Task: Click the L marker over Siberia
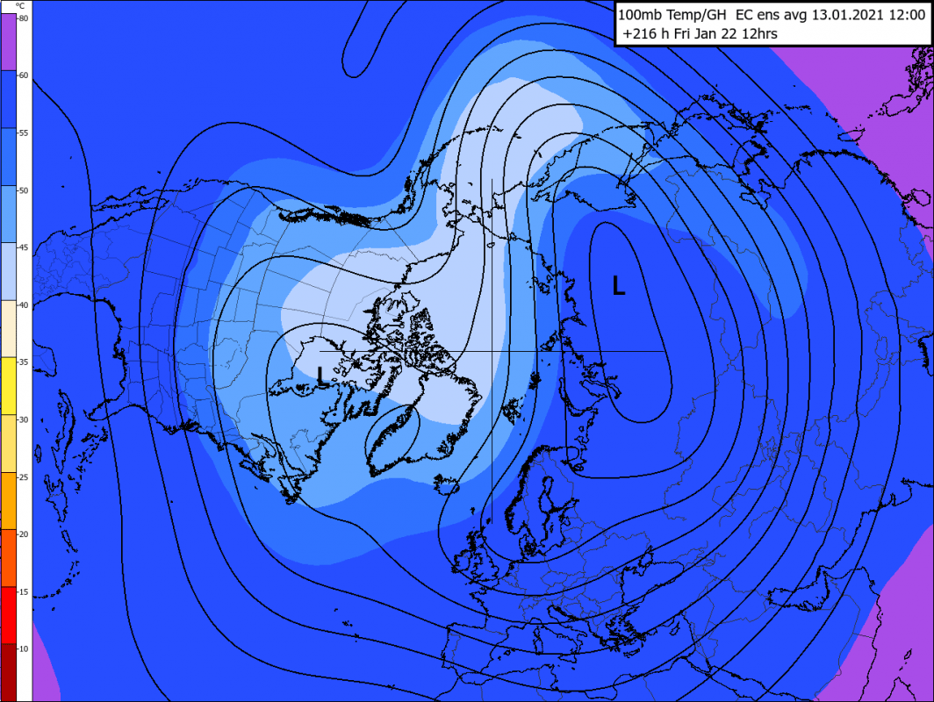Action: click(619, 285)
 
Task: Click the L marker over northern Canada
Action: click(323, 376)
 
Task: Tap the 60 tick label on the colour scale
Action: click(24, 75)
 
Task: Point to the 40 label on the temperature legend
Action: click(24, 304)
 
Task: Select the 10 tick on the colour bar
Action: click(24, 648)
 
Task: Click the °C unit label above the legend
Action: click(20, 6)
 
